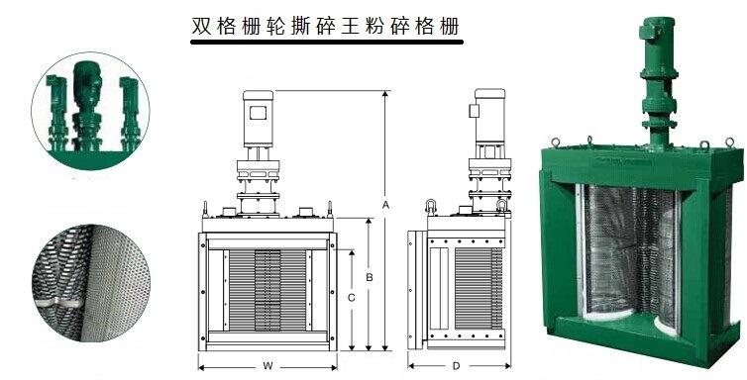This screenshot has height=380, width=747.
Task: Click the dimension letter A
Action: point(385,205)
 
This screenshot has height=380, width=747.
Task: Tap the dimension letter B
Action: point(370,277)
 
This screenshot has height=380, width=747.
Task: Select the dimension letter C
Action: point(352,298)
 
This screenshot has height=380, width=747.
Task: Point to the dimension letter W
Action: point(267,366)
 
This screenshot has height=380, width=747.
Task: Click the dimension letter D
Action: point(456,366)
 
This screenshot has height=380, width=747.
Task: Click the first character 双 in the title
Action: point(201,26)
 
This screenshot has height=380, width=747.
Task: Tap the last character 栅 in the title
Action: point(449,26)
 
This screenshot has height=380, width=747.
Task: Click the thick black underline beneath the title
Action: point(327,42)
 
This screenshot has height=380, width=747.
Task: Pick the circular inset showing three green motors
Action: point(90,110)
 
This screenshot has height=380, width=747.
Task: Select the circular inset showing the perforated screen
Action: point(91,283)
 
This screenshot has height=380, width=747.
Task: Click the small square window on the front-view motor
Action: point(258,113)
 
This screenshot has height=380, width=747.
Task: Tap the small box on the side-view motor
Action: point(474,111)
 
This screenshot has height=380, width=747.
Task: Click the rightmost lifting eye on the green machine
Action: point(729,142)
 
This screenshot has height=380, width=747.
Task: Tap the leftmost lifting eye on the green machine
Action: point(555,142)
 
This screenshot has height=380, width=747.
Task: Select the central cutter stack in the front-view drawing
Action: point(267,290)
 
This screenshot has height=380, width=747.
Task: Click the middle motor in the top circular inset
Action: point(87,105)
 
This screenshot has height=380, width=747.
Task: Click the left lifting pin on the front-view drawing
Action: point(205,209)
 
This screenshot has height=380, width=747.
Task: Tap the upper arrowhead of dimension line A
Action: point(385,94)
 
